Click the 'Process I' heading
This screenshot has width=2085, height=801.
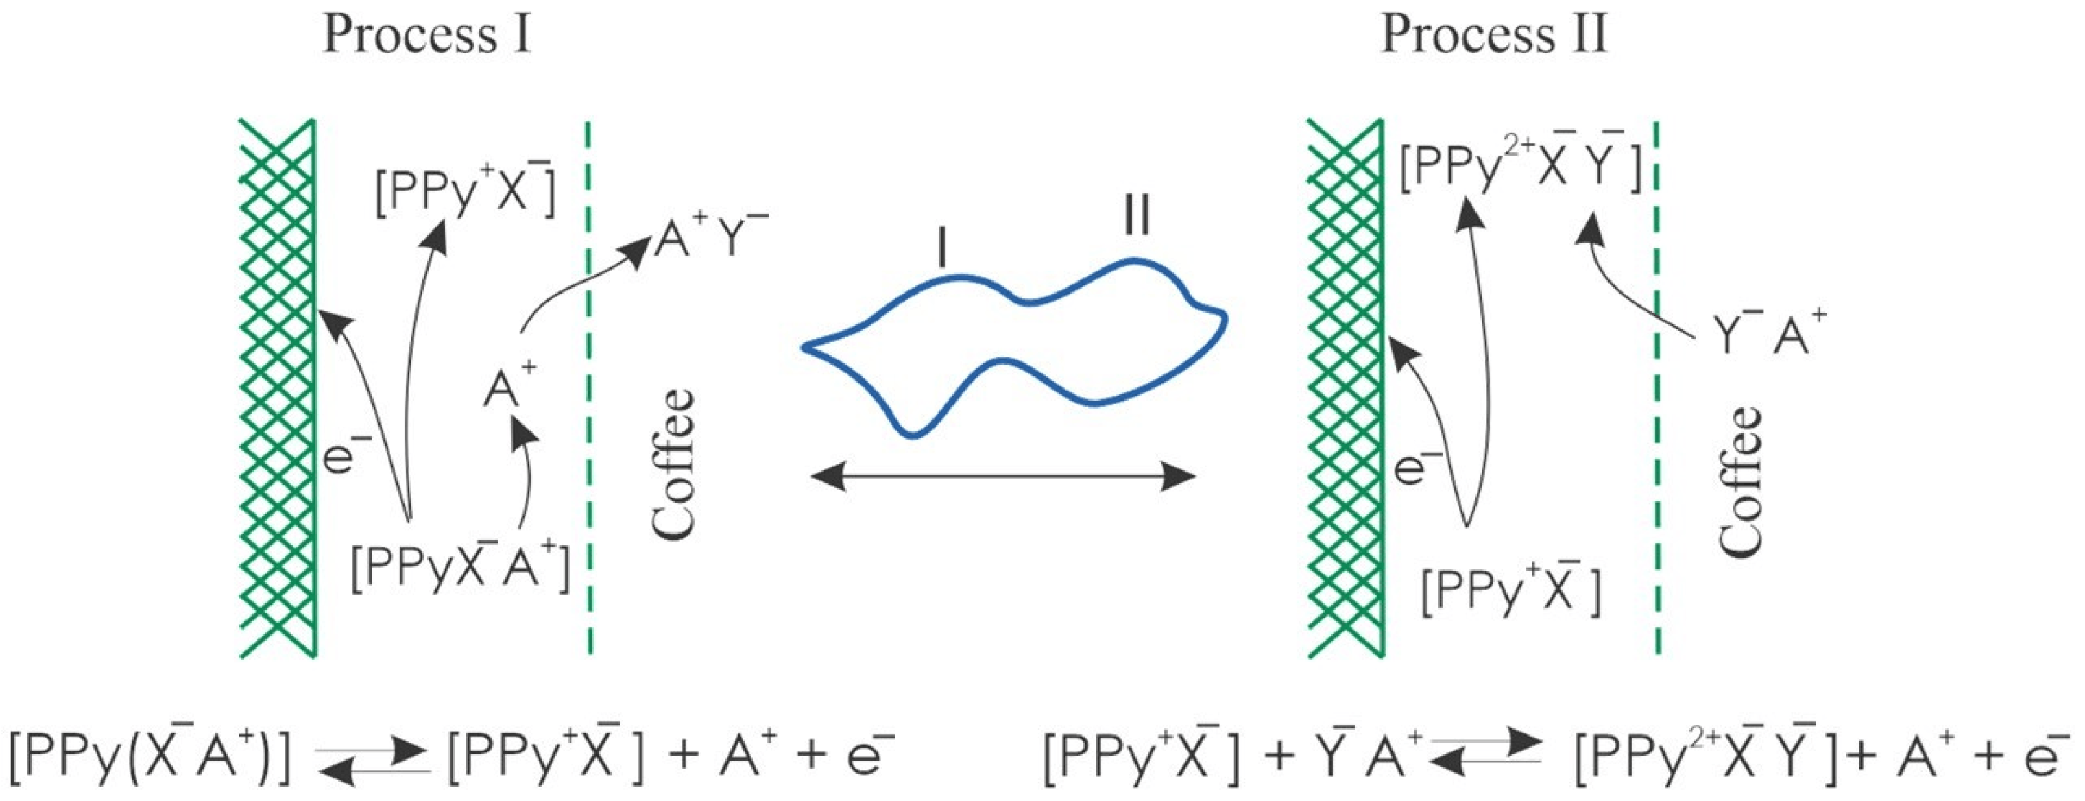(x=426, y=36)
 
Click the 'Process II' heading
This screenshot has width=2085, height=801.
(x=1493, y=36)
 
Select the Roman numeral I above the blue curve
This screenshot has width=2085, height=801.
(x=941, y=248)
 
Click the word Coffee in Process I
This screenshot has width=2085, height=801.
(x=673, y=464)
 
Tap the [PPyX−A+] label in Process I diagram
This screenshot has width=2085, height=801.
(x=461, y=567)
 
